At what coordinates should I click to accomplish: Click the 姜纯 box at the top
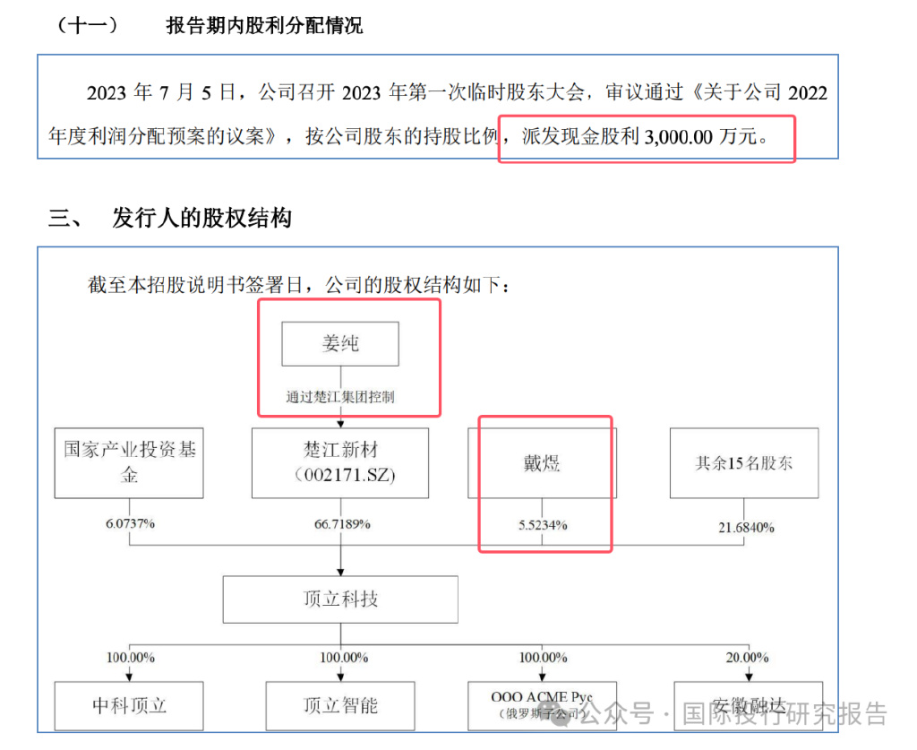(340, 343)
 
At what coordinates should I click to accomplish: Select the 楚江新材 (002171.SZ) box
(340, 462)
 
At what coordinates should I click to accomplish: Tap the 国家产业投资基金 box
(129, 462)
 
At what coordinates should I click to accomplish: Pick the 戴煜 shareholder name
(542, 463)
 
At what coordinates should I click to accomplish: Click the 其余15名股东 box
(744, 462)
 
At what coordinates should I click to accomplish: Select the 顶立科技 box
(340, 599)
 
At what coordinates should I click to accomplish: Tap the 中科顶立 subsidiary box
(129, 705)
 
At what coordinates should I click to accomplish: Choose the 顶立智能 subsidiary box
(340, 705)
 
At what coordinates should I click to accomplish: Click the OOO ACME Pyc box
(542, 705)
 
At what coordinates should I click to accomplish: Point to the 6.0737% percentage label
(130, 523)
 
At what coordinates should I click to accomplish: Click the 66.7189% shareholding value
(342, 524)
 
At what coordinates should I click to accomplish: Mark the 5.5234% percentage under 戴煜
(543, 525)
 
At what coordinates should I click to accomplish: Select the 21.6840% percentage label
(746, 528)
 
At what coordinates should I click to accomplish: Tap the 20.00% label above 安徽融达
(748, 658)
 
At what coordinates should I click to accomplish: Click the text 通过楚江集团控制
(340, 397)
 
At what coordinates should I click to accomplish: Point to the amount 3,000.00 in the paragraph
(679, 137)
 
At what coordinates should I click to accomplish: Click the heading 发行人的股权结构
(201, 218)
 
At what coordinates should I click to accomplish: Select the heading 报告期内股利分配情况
(264, 26)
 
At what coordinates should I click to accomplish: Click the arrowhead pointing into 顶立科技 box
(340, 572)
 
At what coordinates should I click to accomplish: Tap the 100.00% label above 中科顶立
(131, 658)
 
